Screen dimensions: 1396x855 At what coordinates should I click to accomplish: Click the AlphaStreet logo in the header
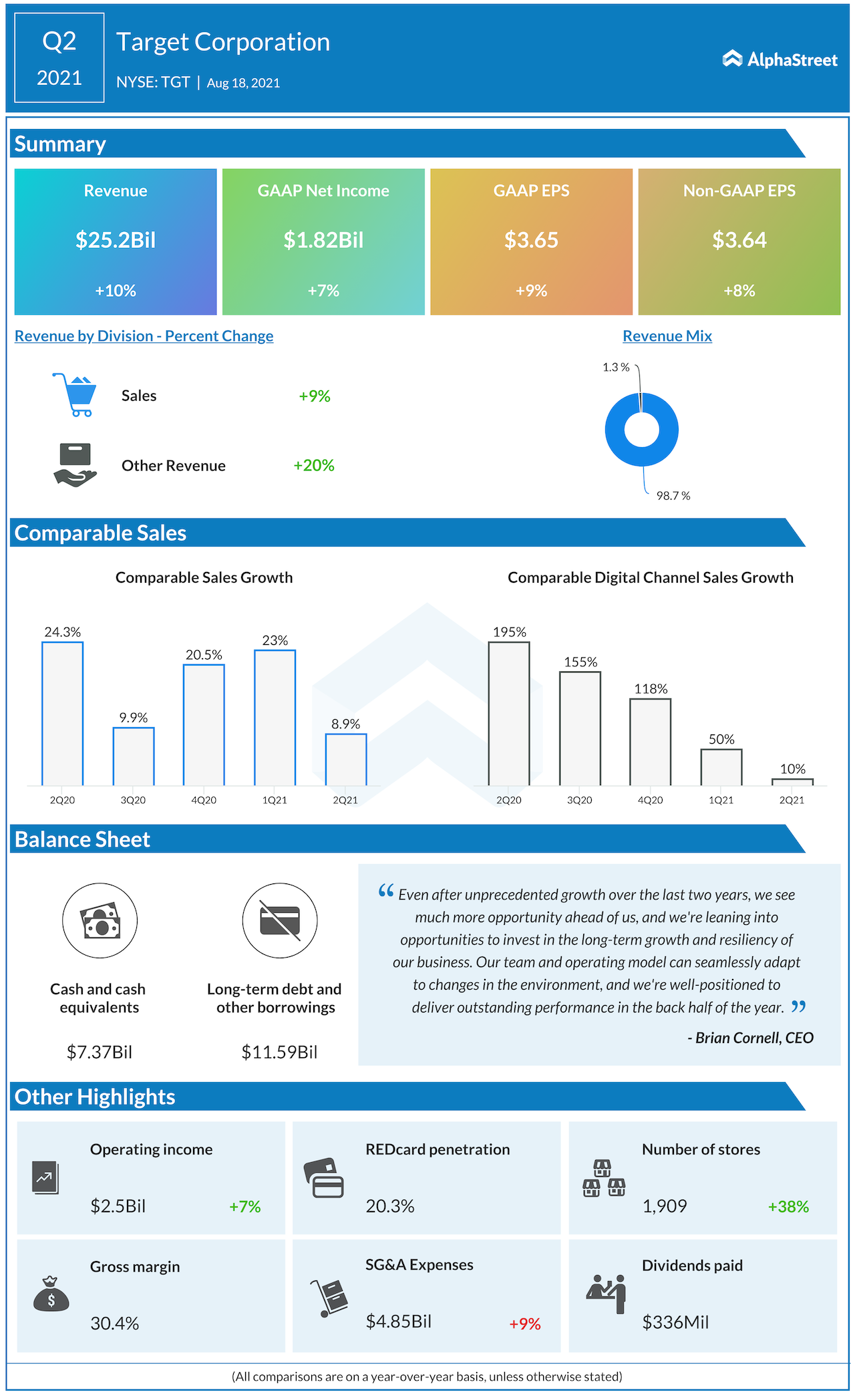[780, 59]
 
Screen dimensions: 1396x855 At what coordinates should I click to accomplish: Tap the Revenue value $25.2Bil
[116, 240]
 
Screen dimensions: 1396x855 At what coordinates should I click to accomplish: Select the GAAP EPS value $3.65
[531, 240]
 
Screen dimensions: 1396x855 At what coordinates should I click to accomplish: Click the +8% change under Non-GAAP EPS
[739, 291]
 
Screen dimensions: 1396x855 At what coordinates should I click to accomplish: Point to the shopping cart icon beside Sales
[75, 395]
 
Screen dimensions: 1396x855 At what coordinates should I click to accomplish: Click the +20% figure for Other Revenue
[314, 465]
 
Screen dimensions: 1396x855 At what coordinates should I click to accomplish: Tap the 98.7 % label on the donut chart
[673, 496]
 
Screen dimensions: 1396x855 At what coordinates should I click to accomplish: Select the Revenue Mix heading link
[667, 336]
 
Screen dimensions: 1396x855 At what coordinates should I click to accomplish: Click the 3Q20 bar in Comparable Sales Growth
[134, 756]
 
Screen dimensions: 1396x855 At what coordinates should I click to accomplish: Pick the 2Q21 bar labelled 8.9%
[346, 759]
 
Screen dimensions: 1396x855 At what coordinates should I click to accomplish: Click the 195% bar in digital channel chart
[509, 713]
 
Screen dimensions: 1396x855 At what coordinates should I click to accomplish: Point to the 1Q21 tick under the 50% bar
[721, 800]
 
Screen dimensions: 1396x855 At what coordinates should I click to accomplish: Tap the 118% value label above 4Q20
[651, 689]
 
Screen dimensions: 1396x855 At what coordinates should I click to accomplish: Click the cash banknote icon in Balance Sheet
[100, 921]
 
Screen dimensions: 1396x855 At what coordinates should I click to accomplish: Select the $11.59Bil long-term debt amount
[279, 1053]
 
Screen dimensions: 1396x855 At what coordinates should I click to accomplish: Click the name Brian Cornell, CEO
[751, 1038]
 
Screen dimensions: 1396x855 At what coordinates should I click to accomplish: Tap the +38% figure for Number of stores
[788, 1206]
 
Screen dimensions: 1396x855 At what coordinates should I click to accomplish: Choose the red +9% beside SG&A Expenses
[525, 1324]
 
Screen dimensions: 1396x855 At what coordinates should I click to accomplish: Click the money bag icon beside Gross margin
[51, 1294]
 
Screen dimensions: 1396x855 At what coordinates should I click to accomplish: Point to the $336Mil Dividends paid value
[675, 1322]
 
